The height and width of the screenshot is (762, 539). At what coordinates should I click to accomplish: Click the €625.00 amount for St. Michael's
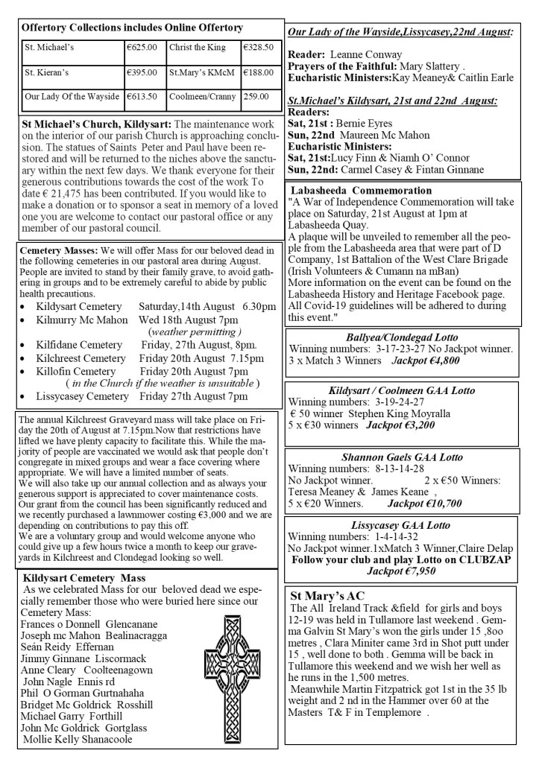point(142,48)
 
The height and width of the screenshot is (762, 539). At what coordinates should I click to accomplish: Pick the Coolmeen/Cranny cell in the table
point(198,96)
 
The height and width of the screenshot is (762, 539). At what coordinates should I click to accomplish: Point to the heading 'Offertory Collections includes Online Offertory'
point(133,28)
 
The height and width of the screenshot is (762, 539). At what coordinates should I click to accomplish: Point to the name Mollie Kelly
point(56,739)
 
